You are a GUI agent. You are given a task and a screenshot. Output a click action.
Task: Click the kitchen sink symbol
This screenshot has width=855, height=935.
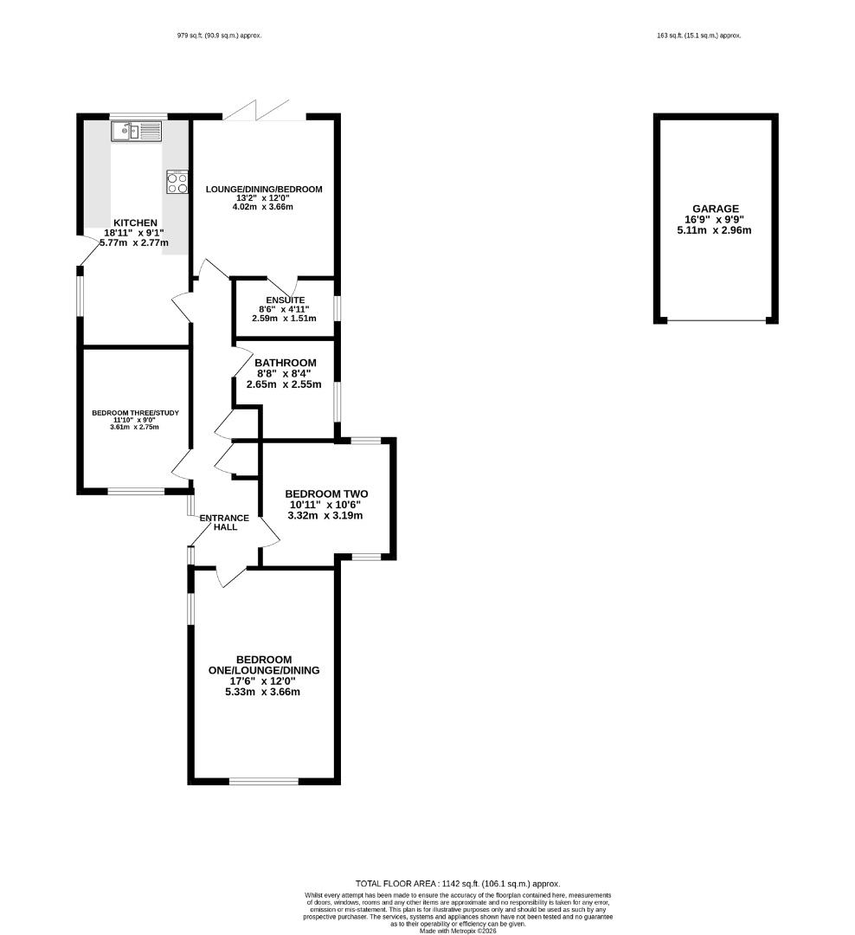[x=136, y=132]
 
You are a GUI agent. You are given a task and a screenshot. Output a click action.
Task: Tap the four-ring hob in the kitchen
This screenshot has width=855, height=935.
[x=177, y=182]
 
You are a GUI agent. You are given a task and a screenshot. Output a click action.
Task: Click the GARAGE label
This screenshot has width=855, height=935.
[x=716, y=209]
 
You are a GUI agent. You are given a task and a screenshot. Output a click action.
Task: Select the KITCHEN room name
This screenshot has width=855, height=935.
[x=135, y=223]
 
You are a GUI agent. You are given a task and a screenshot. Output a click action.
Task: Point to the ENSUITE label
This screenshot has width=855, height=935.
[x=286, y=300]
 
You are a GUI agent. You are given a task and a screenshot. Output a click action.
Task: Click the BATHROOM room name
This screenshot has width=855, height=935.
[x=285, y=363]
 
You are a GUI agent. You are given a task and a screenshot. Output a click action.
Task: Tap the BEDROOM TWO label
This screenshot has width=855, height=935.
[x=326, y=493]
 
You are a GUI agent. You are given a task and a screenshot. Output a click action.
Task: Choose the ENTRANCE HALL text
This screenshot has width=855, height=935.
[x=224, y=522]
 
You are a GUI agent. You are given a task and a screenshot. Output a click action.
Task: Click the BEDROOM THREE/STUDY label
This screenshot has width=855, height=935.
[x=135, y=413]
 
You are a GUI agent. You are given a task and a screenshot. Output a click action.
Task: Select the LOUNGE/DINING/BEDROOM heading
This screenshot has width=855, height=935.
[x=264, y=189]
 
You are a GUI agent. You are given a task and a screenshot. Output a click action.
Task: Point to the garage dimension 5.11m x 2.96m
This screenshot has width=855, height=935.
[x=714, y=230]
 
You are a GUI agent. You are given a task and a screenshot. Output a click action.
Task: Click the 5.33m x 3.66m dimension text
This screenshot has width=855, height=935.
[x=262, y=692]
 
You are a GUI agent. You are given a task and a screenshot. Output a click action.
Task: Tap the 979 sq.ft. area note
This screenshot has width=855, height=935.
[x=220, y=35]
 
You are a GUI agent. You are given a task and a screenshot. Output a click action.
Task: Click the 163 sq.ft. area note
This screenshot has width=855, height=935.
[x=698, y=35]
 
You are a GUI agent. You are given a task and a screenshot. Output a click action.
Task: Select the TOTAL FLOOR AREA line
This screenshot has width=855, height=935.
[x=458, y=884]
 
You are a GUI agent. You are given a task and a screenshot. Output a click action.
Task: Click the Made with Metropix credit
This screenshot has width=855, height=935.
[x=458, y=930]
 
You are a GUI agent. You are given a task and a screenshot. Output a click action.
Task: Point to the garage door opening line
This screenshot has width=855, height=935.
[x=716, y=321]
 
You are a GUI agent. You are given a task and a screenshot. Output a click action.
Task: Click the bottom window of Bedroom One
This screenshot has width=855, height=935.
[x=264, y=781]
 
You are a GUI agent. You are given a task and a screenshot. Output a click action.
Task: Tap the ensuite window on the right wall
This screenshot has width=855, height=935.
[x=337, y=308]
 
